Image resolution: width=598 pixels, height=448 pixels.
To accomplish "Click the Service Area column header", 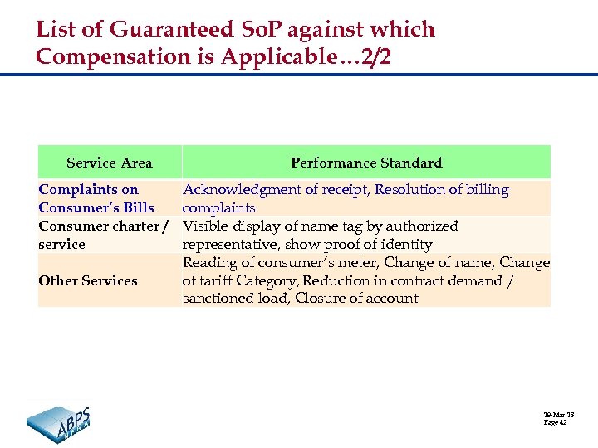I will pos(109,163).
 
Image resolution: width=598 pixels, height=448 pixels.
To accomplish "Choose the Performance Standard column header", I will pos(366,163).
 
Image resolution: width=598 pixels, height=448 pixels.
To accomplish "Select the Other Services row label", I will pos(88,280).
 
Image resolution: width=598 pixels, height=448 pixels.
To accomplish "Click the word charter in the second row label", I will pos(130,226).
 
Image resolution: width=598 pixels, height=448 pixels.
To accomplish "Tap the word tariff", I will pos(220,280).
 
